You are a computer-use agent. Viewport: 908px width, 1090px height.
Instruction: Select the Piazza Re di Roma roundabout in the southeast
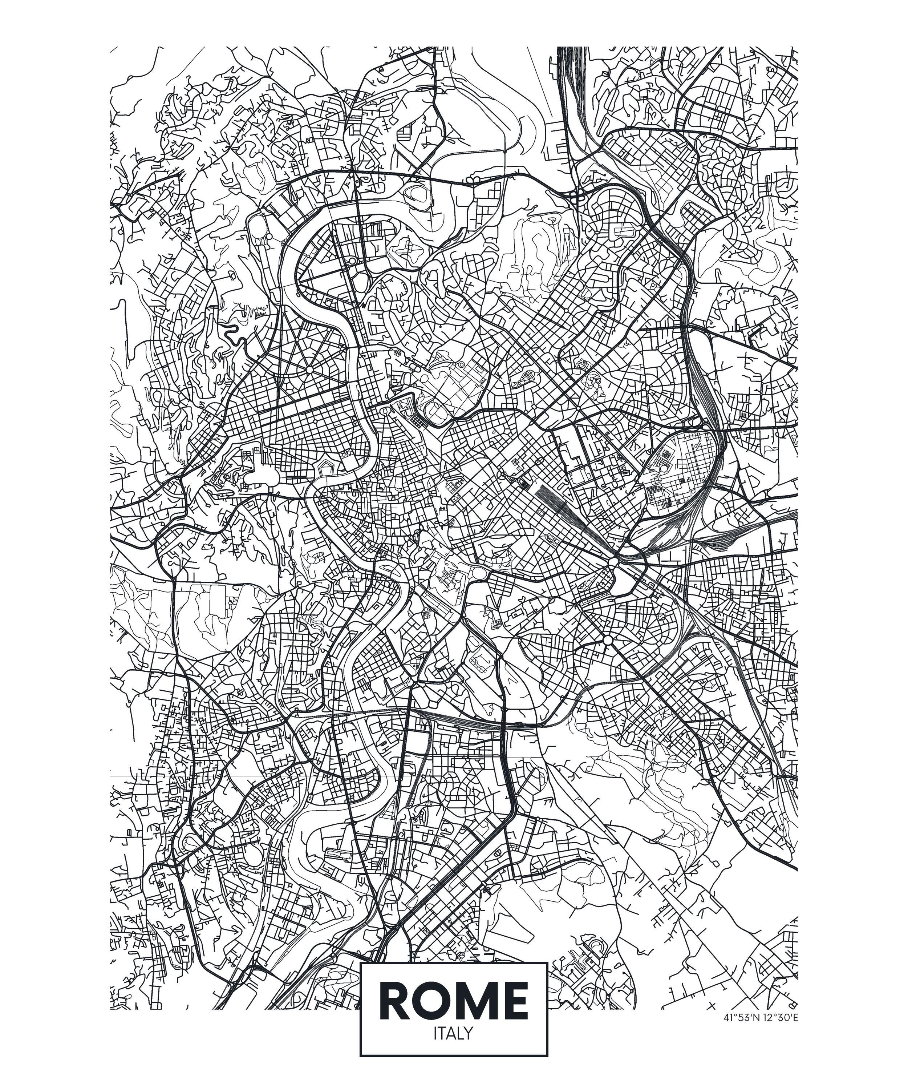click(607, 641)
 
